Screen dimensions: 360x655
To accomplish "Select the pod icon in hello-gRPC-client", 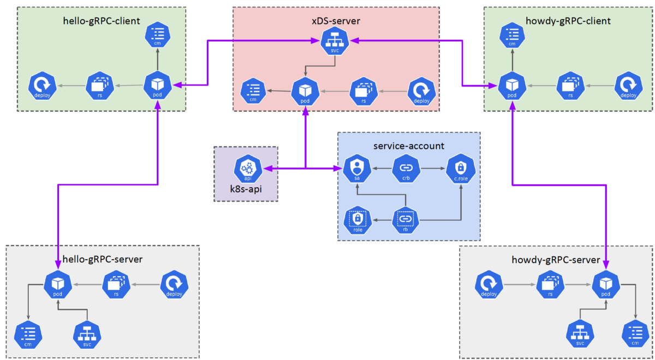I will [x=158, y=86].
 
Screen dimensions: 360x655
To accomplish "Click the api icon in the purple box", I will [x=248, y=169].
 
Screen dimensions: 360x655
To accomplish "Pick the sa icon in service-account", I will [x=356, y=169].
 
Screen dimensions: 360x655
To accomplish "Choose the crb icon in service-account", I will [x=406, y=169].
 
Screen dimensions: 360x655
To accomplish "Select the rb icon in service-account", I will [x=406, y=220].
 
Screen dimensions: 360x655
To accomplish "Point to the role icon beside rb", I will [x=358, y=221].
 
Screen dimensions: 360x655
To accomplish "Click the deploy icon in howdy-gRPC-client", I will [x=629, y=87].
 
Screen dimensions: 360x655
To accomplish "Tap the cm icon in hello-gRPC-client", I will [x=158, y=36].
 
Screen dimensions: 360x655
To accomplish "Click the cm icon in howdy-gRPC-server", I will [x=635, y=334].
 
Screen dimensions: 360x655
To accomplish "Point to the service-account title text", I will [x=409, y=146].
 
